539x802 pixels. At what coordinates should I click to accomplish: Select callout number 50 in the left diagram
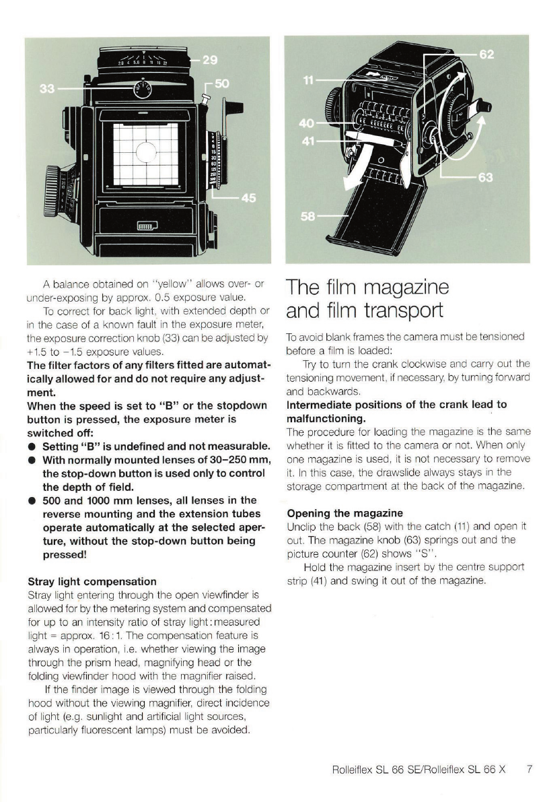(221, 84)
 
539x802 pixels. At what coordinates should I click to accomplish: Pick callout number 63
(486, 178)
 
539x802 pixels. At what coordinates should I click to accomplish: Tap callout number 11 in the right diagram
(309, 80)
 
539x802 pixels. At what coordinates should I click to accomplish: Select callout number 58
(308, 218)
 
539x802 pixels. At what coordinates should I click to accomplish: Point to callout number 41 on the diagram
(307, 141)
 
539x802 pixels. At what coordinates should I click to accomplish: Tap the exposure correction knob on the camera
(141, 88)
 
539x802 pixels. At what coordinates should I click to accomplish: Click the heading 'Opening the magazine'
(345, 514)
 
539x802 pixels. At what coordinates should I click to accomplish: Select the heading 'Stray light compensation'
(92, 581)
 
